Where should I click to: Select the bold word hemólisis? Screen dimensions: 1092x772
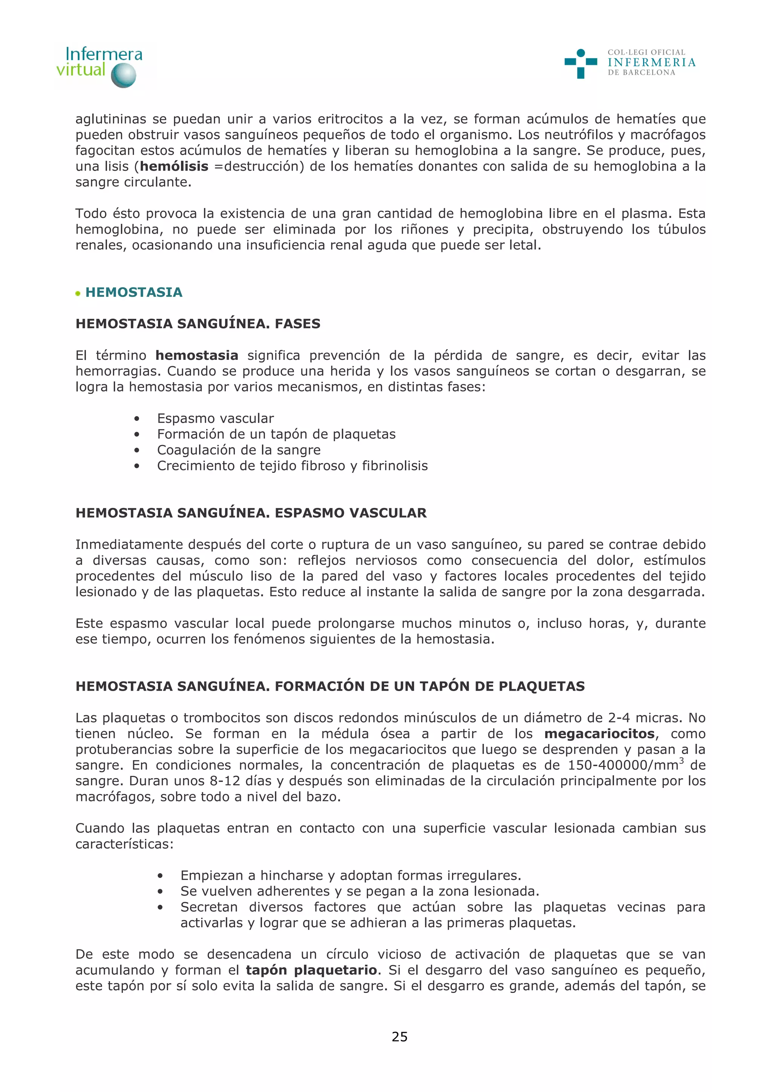[x=174, y=167]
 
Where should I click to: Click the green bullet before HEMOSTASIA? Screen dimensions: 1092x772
[x=78, y=294]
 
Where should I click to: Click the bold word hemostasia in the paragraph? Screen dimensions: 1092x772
[x=196, y=355]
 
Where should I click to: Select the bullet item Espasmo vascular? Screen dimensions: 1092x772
[x=216, y=419]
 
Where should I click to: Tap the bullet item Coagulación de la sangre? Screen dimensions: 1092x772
[x=239, y=450]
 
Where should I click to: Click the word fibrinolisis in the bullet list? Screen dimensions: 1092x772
[x=395, y=466]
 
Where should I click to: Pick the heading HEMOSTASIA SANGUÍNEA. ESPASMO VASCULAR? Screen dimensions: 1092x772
[x=251, y=513]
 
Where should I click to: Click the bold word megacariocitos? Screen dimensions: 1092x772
[x=599, y=734]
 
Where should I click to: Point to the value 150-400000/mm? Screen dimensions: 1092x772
[x=623, y=765]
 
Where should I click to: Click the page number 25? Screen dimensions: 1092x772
[x=400, y=1037]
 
